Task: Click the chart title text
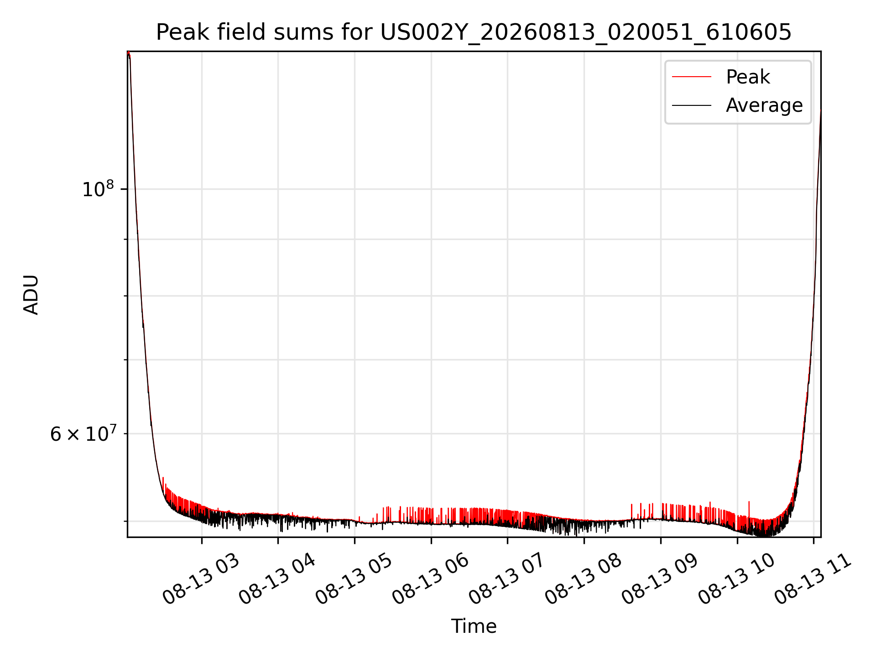pos(474,32)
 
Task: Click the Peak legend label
pos(748,77)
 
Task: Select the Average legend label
pos(764,105)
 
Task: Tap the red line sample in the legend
pos(692,77)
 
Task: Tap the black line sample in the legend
pos(692,105)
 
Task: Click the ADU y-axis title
pos(31,294)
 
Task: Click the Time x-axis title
pos(474,626)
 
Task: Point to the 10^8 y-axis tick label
pos(98,188)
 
